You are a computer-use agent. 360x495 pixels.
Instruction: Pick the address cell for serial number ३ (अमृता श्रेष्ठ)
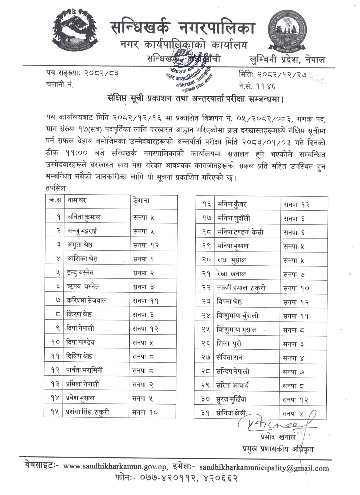[146, 245]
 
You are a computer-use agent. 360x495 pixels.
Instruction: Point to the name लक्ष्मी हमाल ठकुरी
[241, 288]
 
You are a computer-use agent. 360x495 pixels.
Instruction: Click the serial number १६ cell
[207, 204]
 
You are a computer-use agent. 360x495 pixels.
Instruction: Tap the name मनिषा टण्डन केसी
[240, 232]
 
